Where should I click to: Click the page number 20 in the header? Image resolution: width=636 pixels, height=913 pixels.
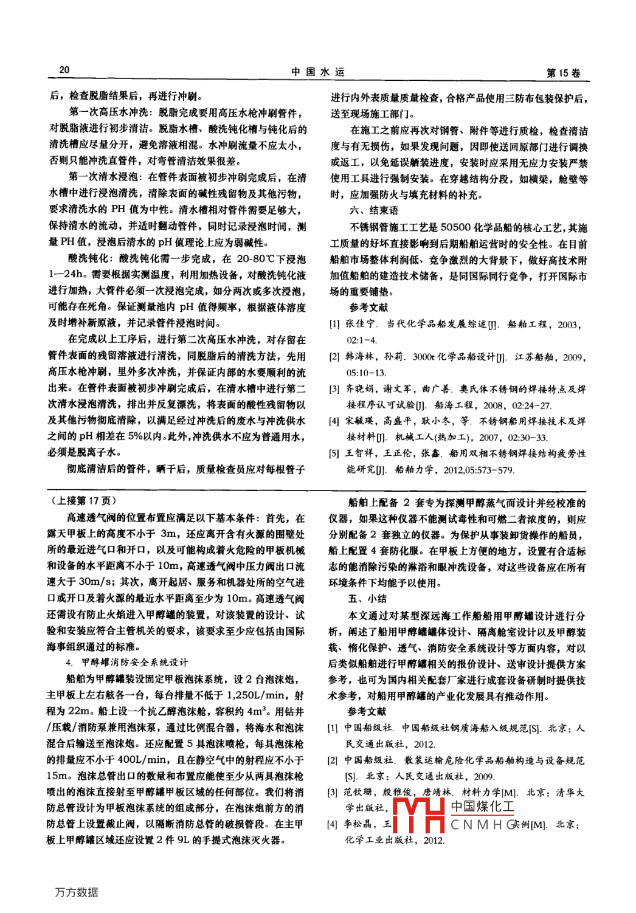[64, 71]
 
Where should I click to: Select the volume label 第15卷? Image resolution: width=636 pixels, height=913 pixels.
[563, 74]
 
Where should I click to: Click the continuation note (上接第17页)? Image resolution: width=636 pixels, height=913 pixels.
[82, 501]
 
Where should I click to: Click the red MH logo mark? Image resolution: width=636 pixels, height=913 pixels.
[419, 815]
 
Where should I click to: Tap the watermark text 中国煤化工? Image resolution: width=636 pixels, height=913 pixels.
[482, 807]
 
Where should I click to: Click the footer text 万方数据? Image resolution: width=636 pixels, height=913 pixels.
[76, 892]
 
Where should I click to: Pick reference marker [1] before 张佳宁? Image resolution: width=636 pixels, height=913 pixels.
[334, 325]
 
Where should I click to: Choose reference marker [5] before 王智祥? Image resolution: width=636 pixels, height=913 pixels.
[334, 453]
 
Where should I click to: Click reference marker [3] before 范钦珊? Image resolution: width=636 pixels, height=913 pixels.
[333, 792]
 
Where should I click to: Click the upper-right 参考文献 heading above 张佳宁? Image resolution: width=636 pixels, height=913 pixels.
[368, 308]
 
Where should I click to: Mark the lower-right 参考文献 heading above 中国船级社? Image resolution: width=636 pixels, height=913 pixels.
[367, 711]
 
